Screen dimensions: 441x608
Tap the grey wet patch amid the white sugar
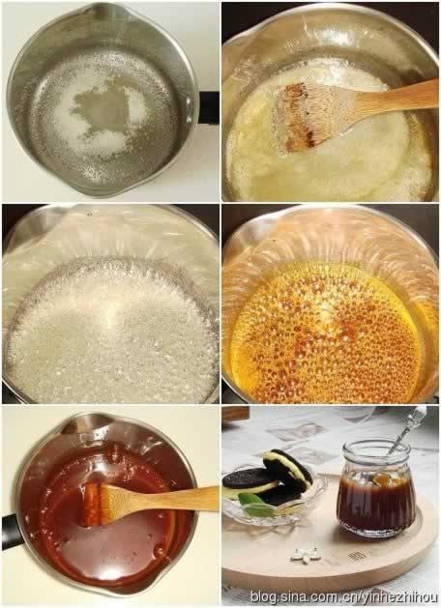(102, 108)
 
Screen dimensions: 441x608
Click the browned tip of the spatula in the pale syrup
(299, 116)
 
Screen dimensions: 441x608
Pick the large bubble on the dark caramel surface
(159, 551)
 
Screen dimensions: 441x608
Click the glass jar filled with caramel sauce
(375, 489)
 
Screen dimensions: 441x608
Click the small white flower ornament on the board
(306, 554)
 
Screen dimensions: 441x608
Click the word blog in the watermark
(264, 596)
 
